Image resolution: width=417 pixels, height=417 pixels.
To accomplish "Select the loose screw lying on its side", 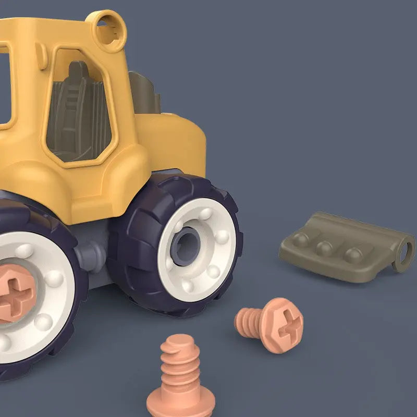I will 271,324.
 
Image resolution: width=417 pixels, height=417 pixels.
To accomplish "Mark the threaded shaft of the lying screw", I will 249,318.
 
